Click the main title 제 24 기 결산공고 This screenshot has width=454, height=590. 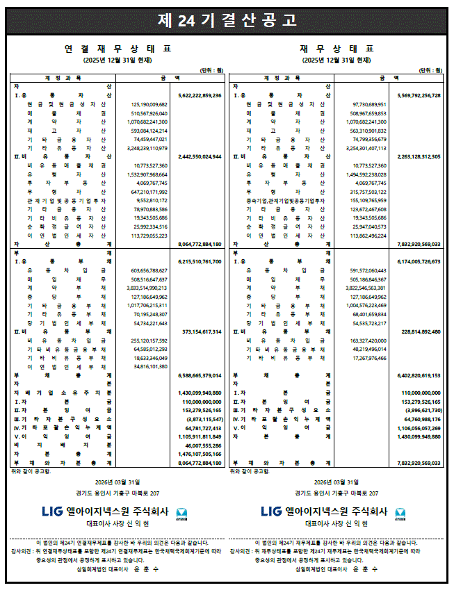(227, 20)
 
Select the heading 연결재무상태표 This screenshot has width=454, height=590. (117, 49)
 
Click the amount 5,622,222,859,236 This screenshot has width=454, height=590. (200, 95)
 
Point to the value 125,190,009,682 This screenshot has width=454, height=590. (149, 104)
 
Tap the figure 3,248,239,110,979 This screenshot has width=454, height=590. (149, 148)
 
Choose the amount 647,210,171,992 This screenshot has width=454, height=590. (149, 191)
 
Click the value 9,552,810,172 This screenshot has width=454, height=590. (150, 200)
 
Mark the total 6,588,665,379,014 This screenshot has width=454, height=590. (200, 375)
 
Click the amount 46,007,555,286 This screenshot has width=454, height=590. (202, 445)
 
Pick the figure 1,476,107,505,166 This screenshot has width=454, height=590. (200, 454)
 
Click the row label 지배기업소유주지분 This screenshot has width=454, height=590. (63, 393)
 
